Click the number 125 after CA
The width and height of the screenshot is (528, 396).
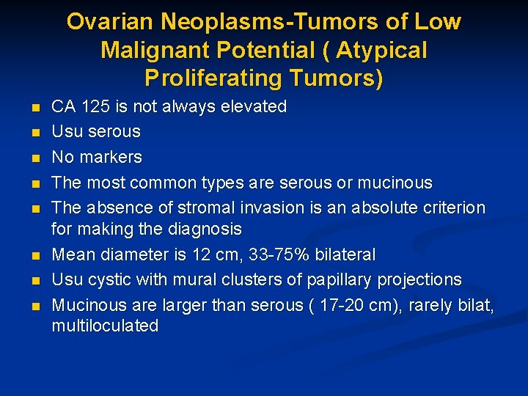95,106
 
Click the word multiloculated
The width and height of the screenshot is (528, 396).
105,326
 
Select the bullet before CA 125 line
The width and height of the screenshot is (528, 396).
36,108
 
